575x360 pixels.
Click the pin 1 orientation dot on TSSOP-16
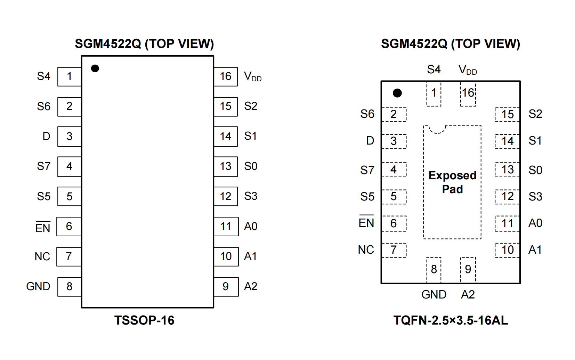coord(95,68)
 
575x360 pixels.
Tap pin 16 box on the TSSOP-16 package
coord(226,76)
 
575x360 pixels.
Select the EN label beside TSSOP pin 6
coord(43,228)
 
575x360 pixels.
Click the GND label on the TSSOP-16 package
coord(38,286)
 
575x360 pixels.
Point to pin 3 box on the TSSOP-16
coord(70,136)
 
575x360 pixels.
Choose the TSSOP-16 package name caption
coord(144,320)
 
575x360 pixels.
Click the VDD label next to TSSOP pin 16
coord(252,76)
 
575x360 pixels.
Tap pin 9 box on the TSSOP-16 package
coord(226,287)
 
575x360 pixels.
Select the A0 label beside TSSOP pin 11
coord(251,226)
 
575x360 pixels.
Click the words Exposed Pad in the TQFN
coord(452,182)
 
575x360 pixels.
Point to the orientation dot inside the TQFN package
coord(397,93)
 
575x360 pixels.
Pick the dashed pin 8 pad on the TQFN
coord(434,269)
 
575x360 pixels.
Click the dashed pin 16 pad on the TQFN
coord(468,93)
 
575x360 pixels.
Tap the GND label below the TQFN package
coord(434,295)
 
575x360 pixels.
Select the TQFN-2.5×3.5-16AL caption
coord(451,320)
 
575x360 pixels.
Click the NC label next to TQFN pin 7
coord(366,250)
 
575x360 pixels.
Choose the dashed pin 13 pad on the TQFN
coord(507,170)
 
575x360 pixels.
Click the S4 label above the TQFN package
coord(434,69)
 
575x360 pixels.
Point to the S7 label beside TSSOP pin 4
coord(44,166)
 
